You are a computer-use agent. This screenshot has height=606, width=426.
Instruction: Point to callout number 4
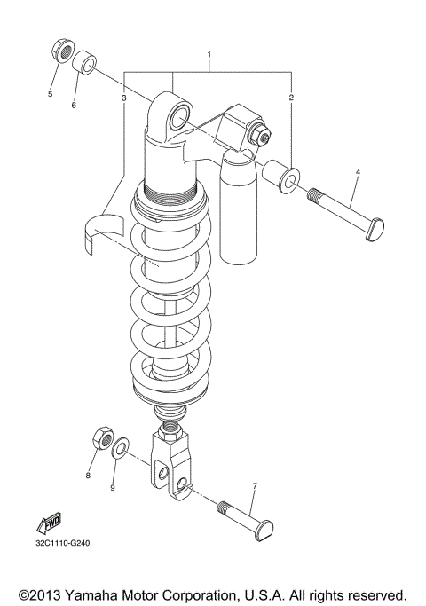tap(358, 170)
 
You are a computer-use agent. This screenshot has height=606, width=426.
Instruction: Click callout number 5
tap(51, 92)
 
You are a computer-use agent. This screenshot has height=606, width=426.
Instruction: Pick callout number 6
tap(74, 105)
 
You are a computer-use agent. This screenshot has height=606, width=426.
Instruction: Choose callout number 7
tap(255, 486)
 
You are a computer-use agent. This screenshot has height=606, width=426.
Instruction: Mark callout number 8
tap(88, 476)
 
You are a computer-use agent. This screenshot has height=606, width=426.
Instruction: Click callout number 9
tap(113, 487)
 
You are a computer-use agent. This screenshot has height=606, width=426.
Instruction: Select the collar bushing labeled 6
tap(83, 65)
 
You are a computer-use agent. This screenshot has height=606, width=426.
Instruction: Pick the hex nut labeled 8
tap(100, 439)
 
